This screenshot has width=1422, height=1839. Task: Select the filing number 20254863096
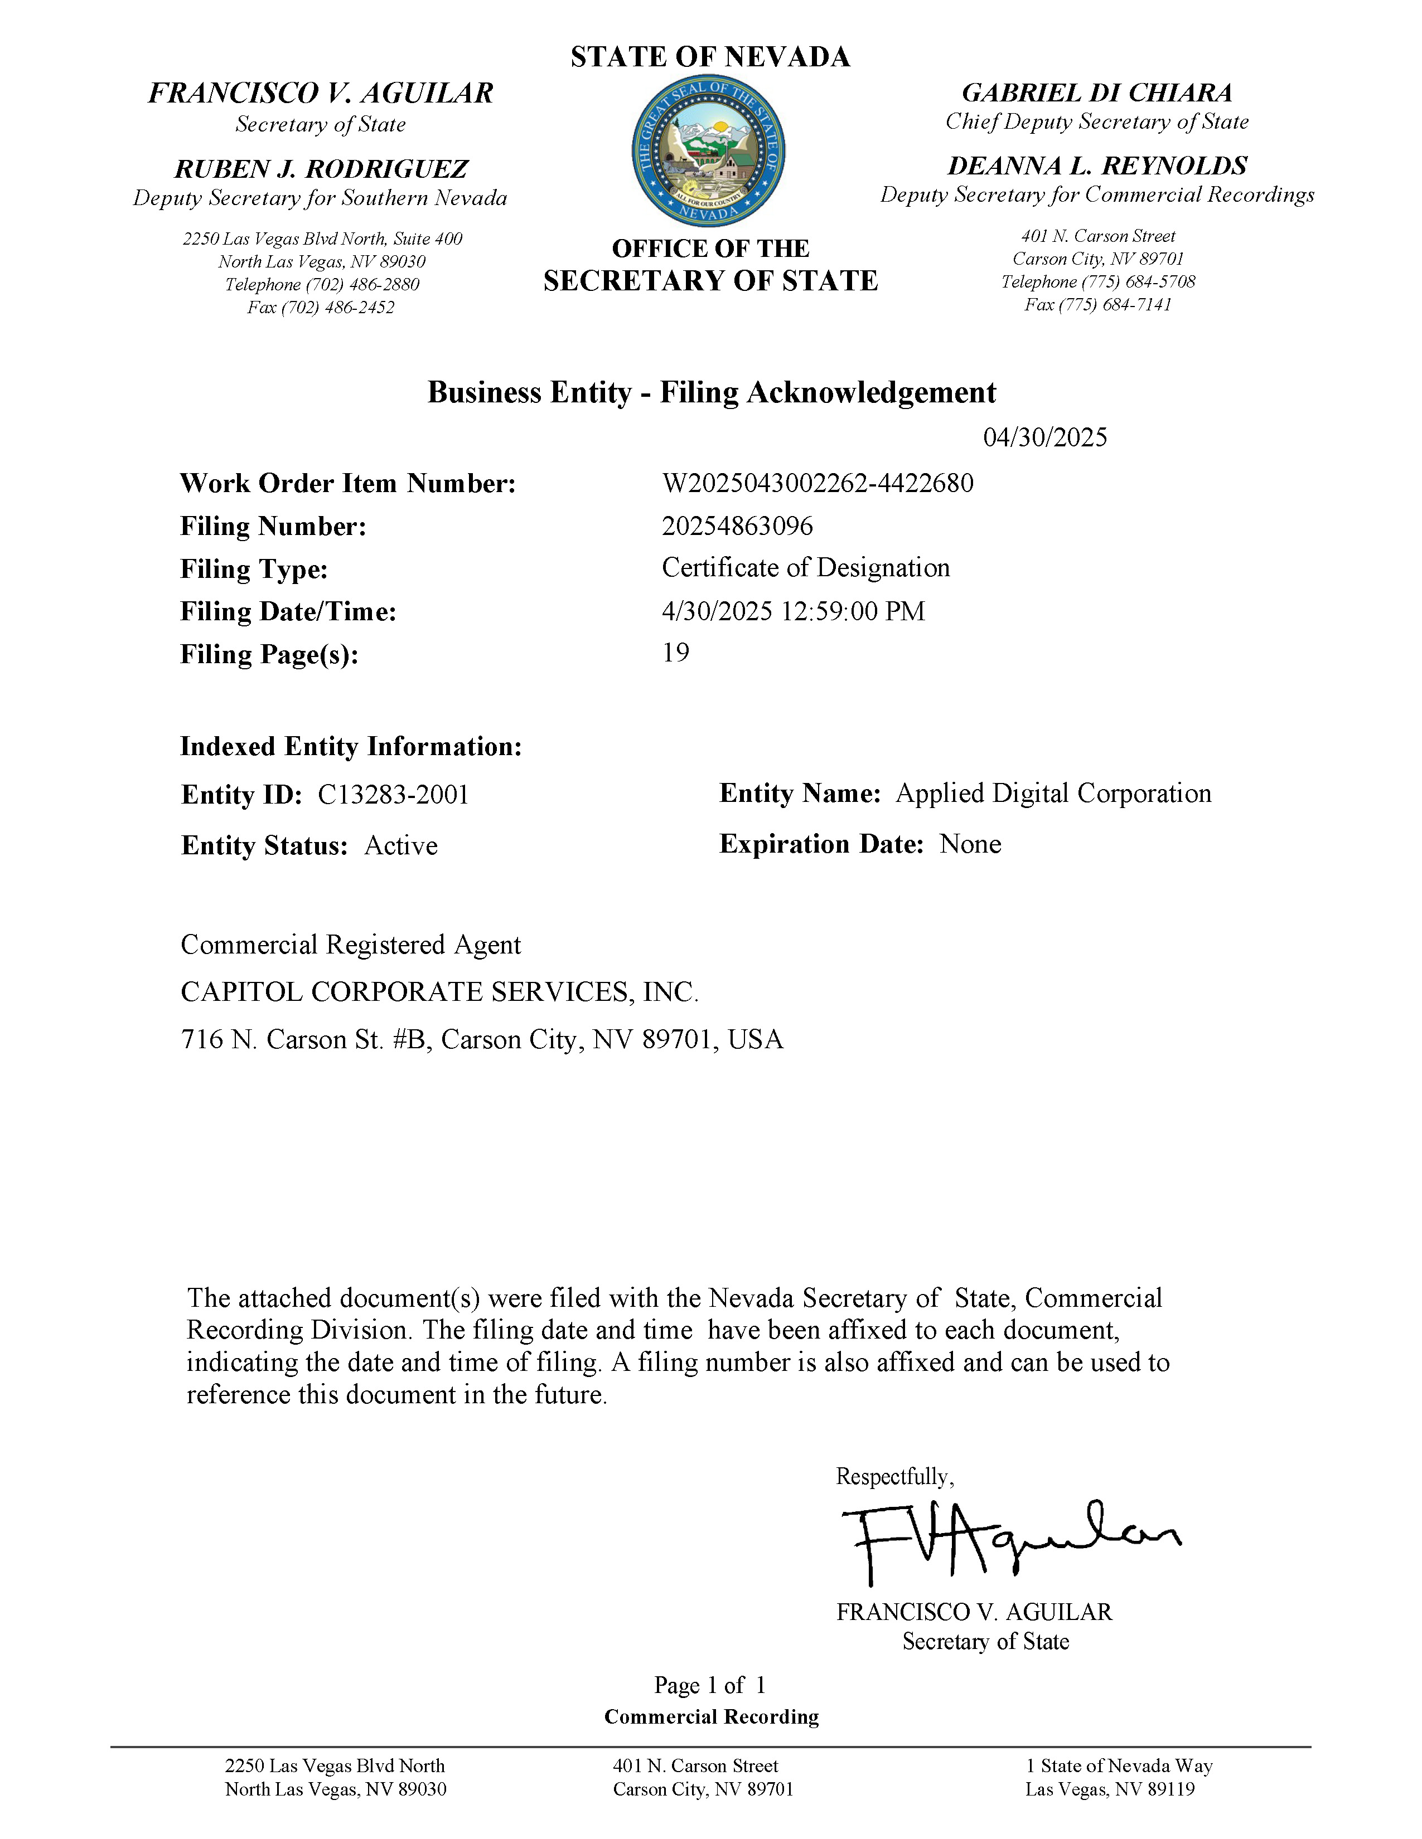(x=737, y=526)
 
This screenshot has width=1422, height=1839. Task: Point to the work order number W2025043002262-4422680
(x=817, y=483)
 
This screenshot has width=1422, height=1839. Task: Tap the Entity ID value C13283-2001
(x=393, y=795)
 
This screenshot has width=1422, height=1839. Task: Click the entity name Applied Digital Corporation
(x=1053, y=793)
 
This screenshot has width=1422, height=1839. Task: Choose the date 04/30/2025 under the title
(x=1044, y=437)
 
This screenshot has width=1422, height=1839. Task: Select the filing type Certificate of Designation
(x=805, y=567)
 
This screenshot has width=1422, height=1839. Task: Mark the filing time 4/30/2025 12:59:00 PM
(x=793, y=610)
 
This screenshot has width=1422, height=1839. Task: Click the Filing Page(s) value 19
(x=676, y=653)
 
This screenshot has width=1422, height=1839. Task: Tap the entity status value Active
(x=400, y=845)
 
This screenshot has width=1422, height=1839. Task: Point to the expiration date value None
(x=970, y=844)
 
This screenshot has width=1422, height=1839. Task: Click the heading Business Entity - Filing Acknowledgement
(x=711, y=392)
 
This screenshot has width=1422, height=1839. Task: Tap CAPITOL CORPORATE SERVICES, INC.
(x=439, y=992)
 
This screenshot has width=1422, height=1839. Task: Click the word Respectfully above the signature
(x=894, y=1476)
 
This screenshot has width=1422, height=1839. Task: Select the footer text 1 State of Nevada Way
(x=1119, y=1766)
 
